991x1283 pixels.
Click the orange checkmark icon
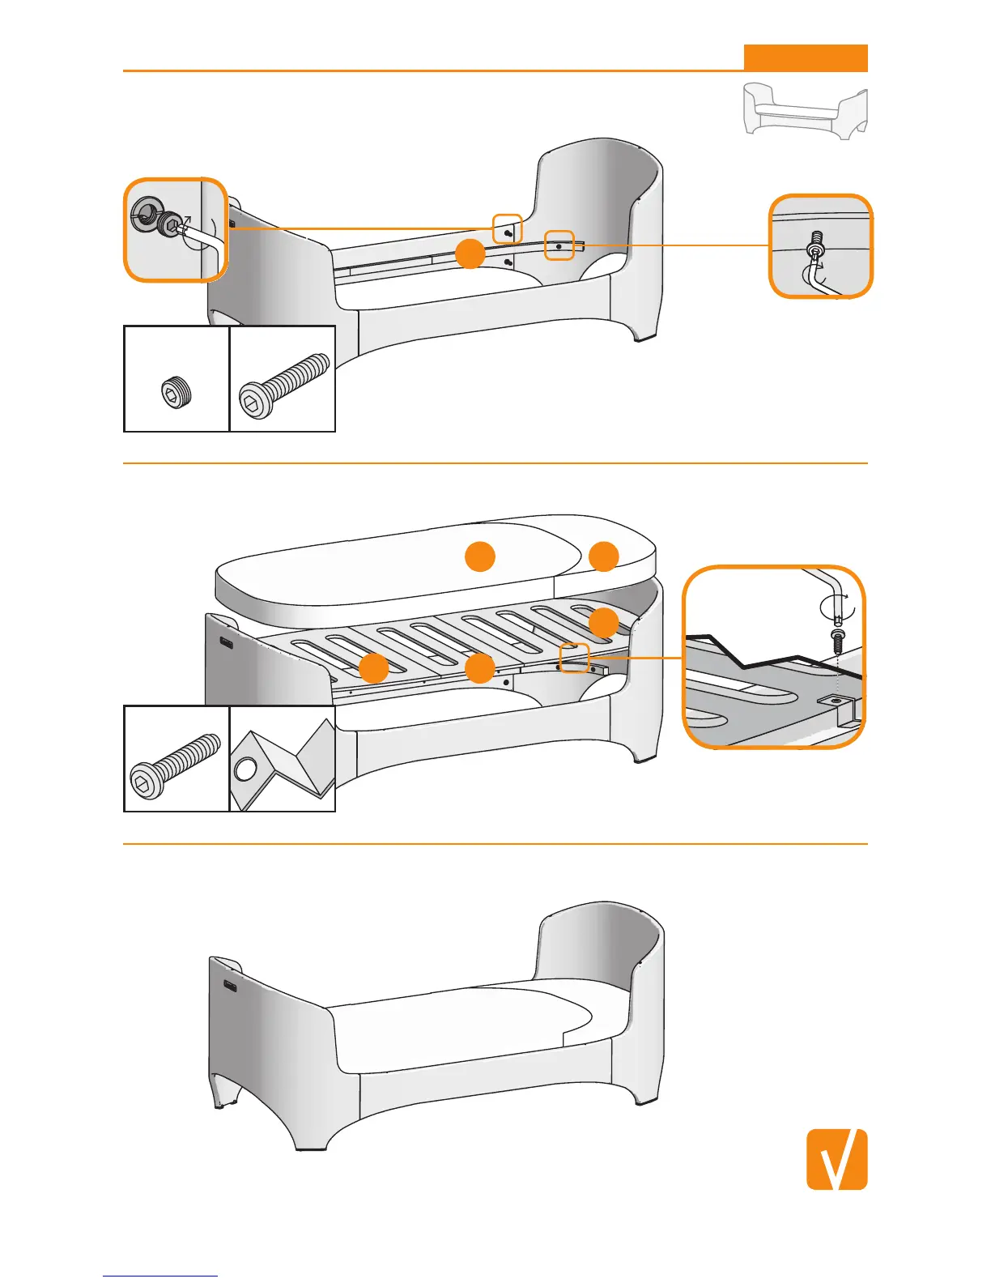point(836,1159)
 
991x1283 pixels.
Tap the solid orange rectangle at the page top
point(806,58)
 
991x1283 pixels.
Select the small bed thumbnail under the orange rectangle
point(806,110)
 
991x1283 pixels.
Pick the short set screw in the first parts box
point(177,392)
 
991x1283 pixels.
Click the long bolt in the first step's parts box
point(284,386)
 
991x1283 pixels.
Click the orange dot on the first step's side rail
point(470,254)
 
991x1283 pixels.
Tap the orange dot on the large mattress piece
point(479,556)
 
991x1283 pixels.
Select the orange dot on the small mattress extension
point(604,556)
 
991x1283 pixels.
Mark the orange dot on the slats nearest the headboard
point(604,622)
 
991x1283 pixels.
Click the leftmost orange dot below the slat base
point(373,668)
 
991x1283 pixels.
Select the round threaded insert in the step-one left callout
point(146,212)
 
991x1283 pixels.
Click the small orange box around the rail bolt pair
point(508,229)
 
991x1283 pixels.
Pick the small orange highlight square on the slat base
point(574,658)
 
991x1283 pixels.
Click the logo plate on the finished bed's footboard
point(231,986)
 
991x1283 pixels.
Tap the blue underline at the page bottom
point(160,1276)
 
